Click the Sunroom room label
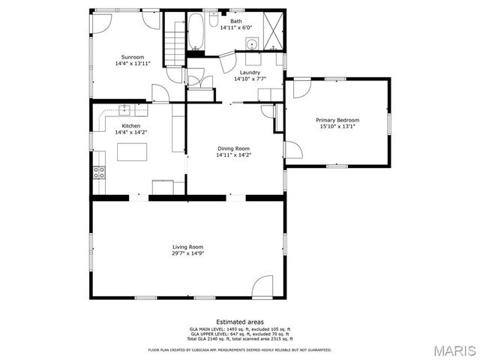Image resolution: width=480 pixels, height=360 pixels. tap(132, 57)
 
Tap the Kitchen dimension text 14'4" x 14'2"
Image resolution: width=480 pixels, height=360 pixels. tap(131, 133)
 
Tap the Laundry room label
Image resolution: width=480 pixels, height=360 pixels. tap(250, 72)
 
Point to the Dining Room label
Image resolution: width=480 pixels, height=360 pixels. tap(233, 148)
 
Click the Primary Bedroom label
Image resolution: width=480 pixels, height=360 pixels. tap(337, 120)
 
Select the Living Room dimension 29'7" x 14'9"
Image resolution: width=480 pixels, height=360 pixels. tap(187, 253)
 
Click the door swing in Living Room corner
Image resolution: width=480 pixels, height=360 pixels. tap(262, 286)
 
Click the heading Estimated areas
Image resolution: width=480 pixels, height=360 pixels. tap(240, 322)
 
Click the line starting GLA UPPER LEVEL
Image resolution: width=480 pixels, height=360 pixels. tap(240, 335)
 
